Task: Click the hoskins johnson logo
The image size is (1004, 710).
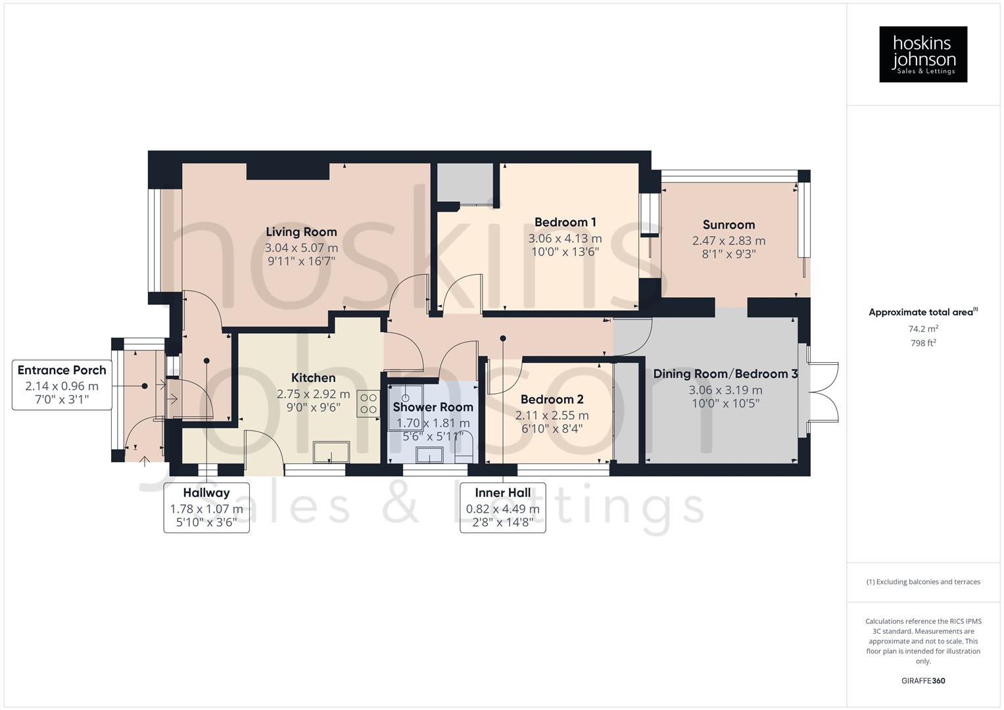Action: [x=922, y=54]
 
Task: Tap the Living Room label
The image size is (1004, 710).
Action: [x=301, y=232]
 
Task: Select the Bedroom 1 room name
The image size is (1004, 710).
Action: [x=565, y=222]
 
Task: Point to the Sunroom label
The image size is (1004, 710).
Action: [x=729, y=225]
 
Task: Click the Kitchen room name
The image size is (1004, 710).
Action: [x=313, y=378]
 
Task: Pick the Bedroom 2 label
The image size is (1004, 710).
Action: [x=552, y=400]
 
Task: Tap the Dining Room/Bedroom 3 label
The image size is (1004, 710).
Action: [x=725, y=374]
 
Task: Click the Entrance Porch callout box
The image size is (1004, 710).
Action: [x=62, y=385]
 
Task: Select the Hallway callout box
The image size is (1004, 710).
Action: [x=206, y=508]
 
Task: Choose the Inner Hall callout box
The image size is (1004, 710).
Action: [x=503, y=508]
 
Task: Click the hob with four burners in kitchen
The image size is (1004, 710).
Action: [x=368, y=404]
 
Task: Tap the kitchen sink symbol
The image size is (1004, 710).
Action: [x=332, y=452]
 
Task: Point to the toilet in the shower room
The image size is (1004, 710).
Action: [x=464, y=450]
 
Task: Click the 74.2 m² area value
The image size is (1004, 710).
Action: [x=923, y=329]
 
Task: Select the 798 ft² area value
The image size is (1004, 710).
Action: [x=923, y=343]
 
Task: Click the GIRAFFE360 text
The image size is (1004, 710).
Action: [x=923, y=681]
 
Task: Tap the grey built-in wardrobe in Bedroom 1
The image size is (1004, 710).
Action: [x=466, y=183]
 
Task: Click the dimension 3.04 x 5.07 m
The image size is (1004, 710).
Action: [x=301, y=248]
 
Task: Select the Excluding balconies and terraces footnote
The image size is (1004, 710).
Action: [x=923, y=582]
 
